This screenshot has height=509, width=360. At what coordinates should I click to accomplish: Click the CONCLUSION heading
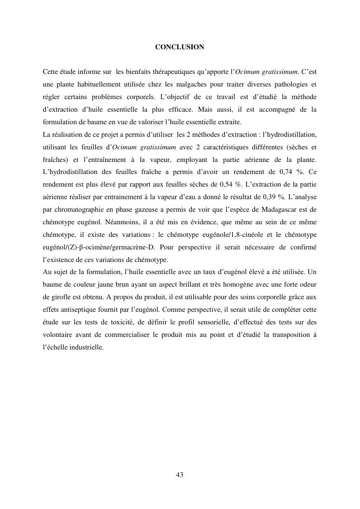point(180,47)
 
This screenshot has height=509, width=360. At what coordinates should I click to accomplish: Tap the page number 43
point(180,475)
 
